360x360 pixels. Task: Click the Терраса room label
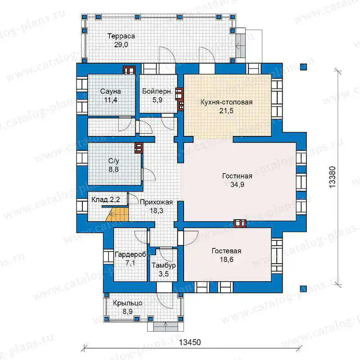[121, 36]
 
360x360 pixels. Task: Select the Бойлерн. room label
[157, 91]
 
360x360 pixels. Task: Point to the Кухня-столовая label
[226, 102]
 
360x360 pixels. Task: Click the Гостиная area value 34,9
[237, 184]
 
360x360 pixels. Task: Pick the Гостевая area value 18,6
[226, 260]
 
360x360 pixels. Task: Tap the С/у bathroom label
[114, 161]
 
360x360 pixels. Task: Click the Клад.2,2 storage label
[106, 199]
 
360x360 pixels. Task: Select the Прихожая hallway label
[156, 202]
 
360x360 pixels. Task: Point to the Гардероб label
[130, 254]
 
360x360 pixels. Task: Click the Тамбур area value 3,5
[164, 274]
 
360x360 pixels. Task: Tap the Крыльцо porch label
[128, 303]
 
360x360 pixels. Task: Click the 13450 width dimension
[190, 342]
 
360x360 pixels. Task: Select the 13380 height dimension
[332, 177]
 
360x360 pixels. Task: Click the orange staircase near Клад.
[117, 214]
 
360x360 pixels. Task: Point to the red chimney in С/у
[139, 148]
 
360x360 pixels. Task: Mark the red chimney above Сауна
[129, 70]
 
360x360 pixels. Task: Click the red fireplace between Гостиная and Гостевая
[240, 223]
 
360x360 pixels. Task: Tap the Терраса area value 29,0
[121, 45]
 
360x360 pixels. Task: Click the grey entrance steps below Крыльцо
[165, 326]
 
